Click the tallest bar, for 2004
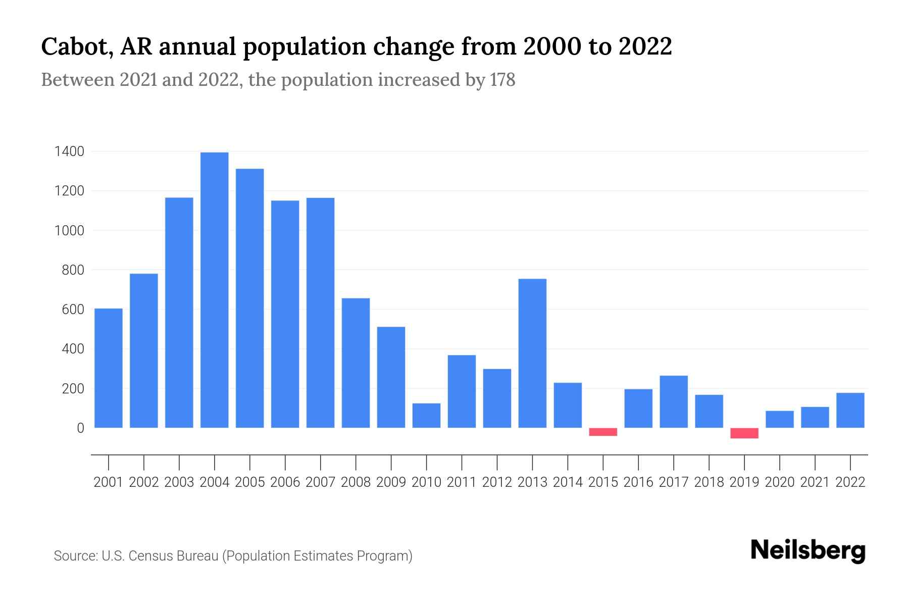pos(214,290)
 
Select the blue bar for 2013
pos(532,353)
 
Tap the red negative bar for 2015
pos(603,432)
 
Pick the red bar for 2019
pos(744,433)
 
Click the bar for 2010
pos(426,415)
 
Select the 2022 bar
pos(850,410)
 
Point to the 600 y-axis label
pos(73,310)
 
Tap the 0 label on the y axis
pos(80,428)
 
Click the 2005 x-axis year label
pos(250,482)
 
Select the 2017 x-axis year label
pos(674,482)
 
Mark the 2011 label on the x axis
pos(462,482)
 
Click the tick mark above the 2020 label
pos(780,462)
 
